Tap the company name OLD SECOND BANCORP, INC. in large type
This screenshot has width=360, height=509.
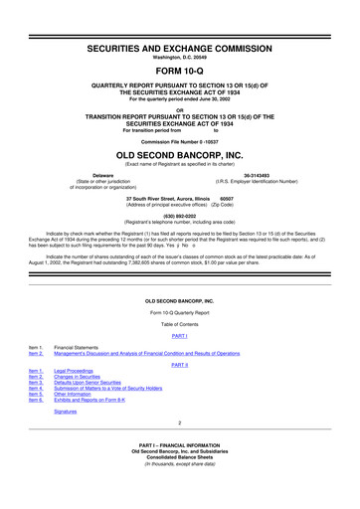coord(180,156)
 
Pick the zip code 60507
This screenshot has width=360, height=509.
coord(227,198)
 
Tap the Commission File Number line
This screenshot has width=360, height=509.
coord(180,141)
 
